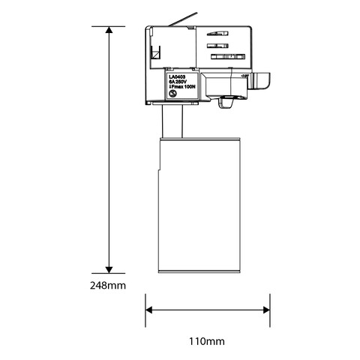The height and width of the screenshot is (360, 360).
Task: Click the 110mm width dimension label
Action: (207, 341)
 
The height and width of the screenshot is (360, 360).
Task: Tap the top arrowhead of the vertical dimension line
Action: (109, 31)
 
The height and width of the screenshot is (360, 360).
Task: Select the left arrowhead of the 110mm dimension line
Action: (148, 308)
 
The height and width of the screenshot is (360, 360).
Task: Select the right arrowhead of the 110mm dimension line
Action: (265, 308)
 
